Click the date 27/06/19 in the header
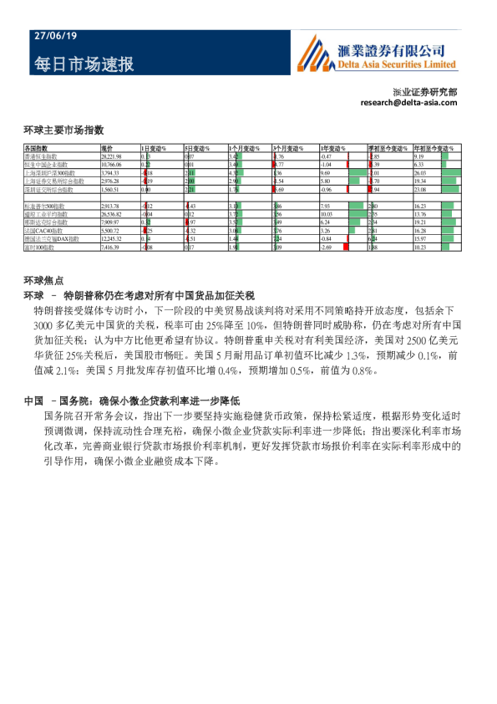point(55,36)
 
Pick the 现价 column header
point(106,148)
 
